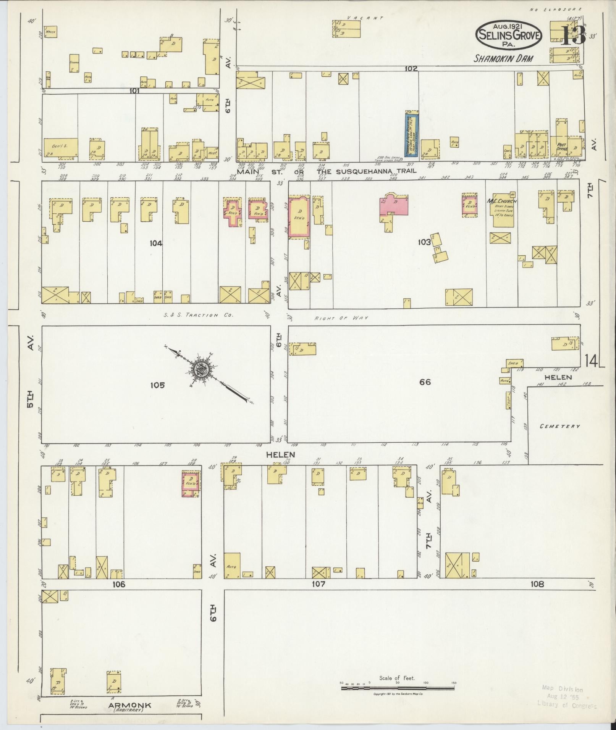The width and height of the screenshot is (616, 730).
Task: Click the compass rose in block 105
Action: pos(202,369)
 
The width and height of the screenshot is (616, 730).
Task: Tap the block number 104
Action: pos(156,243)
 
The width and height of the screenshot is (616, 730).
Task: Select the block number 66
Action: pos(425,382)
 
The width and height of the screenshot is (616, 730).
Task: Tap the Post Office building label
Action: pos(562,147)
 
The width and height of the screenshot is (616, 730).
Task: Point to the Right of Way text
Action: pos(341,317)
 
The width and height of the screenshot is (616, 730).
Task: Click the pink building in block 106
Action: pos(191,484)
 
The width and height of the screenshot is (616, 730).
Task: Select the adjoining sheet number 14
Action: pos(591,361)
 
